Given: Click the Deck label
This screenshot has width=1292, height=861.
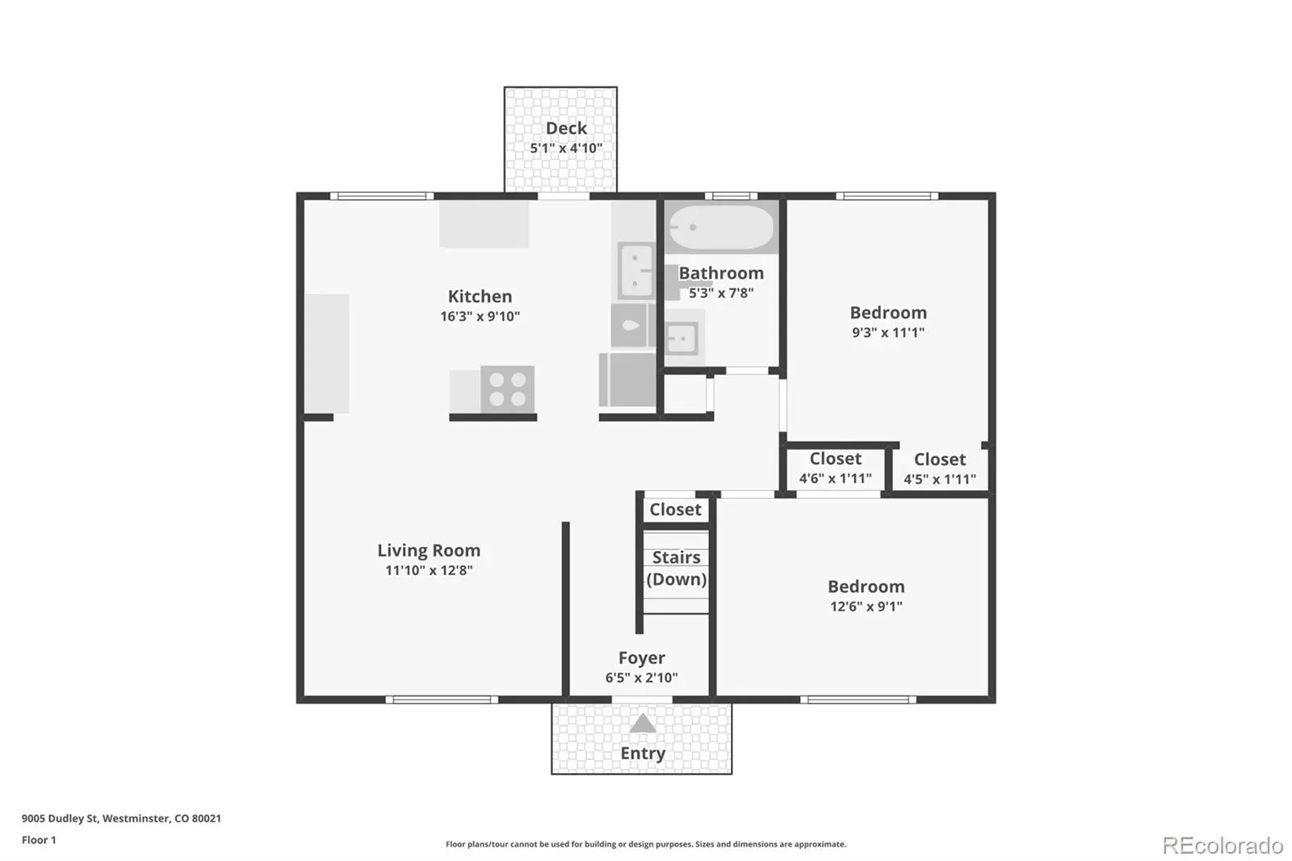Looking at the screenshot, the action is click(566, 128).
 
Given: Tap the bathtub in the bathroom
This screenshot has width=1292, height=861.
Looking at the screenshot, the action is click(721, 228).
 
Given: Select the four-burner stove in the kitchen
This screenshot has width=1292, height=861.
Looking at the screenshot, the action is click(508, 389).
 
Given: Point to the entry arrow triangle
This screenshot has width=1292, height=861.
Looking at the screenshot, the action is click(643, 724).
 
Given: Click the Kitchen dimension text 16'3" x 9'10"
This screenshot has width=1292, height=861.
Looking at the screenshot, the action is click(480, 317).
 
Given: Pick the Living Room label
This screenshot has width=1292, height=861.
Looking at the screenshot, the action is click(429, 551).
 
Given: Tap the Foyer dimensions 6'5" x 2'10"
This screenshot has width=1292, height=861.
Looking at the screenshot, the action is click(641, 678).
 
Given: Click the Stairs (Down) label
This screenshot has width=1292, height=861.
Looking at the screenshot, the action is click(676, 569).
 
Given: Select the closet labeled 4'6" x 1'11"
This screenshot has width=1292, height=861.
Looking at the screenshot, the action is click(835, 468).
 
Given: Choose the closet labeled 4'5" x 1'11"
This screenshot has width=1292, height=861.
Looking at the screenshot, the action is click(940, 468).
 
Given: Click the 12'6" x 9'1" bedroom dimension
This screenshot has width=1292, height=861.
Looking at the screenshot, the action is click(866, 606).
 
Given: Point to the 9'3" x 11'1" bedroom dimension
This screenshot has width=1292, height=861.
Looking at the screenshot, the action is click(888, 333).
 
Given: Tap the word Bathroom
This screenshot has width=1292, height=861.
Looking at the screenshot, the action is click(721, 273).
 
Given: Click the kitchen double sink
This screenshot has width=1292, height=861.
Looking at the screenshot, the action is click(636, 271).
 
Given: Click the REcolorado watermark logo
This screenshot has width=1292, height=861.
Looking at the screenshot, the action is click(1223, 846).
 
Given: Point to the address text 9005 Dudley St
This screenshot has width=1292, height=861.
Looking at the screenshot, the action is click(60, 818).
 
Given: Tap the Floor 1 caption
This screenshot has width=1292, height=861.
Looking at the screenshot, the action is click(39, 840).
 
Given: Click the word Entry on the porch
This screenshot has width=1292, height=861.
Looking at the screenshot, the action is click(643, 753).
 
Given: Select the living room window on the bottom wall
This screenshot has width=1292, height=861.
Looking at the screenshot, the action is click(442, 699).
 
